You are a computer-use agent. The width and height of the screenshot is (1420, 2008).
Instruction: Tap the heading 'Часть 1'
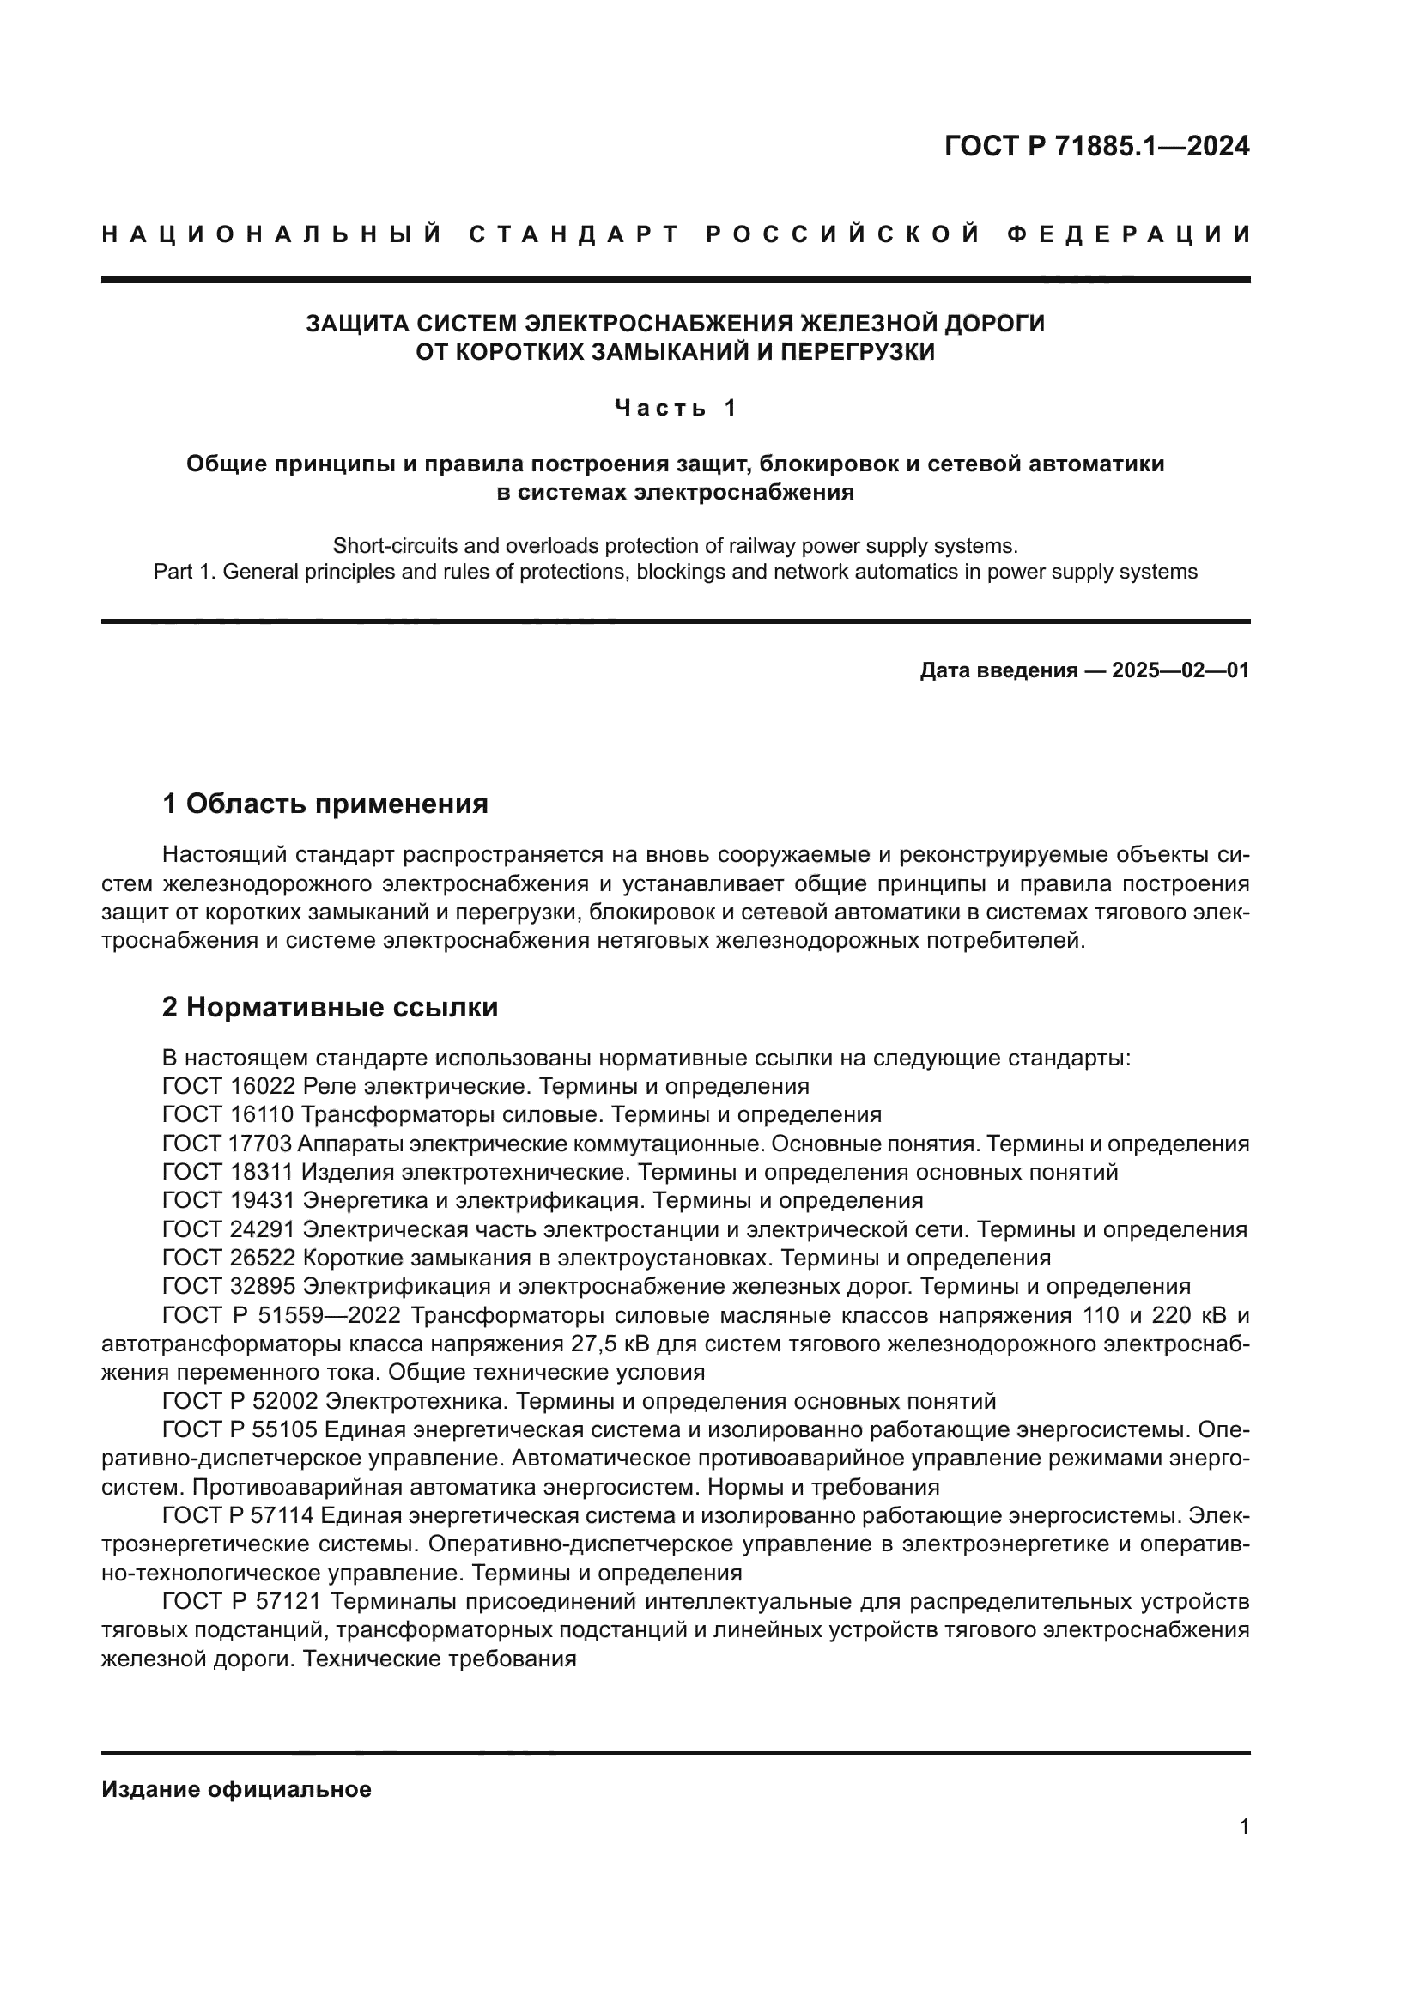pyautogui.click(x=676, y=408)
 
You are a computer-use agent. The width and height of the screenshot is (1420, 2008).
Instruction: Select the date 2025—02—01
pyautogui.click(x=1180, y=670)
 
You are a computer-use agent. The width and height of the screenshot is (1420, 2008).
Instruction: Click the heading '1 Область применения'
pyautogui.click(x=325, y=803)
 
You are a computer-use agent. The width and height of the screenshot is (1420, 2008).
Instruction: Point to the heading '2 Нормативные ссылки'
pyautogui.click(x=330, y=1007)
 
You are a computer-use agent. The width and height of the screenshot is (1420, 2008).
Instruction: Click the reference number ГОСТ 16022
pyautogui.click(x=229, y=1086)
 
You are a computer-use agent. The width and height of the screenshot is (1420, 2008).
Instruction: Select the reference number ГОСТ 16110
pyautogui.click(x=229, y=1114)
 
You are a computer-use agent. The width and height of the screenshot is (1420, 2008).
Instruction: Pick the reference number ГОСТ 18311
pyautogui.click(x=229, y=1172)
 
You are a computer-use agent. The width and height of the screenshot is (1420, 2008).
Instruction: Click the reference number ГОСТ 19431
pyautogui.click(x=229, y=1200)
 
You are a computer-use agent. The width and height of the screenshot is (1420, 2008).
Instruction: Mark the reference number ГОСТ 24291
pyautogui.click(x=229, y=1228)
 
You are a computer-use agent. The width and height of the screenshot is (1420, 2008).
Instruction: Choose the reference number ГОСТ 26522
pyautogui.click(x=229, y=1258)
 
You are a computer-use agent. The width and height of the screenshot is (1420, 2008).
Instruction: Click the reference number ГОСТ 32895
pyautogui.click(x=229, y=1287)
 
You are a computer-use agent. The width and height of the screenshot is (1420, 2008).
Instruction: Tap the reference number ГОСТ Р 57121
pyautogui.click(x=243, y=1601)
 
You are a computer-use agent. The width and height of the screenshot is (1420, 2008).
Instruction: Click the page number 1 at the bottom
pyautogui.click(x=1244, y=1826)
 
